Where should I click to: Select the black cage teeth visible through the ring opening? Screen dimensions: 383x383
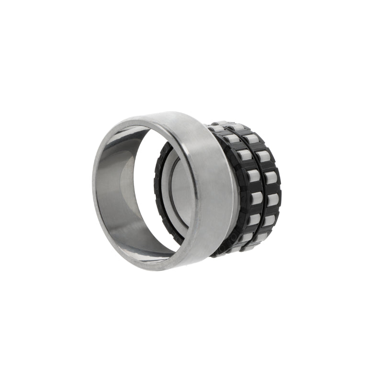[158, 191]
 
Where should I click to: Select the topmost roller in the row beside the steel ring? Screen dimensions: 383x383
[218, 128]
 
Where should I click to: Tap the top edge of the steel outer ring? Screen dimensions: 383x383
[158, 115]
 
